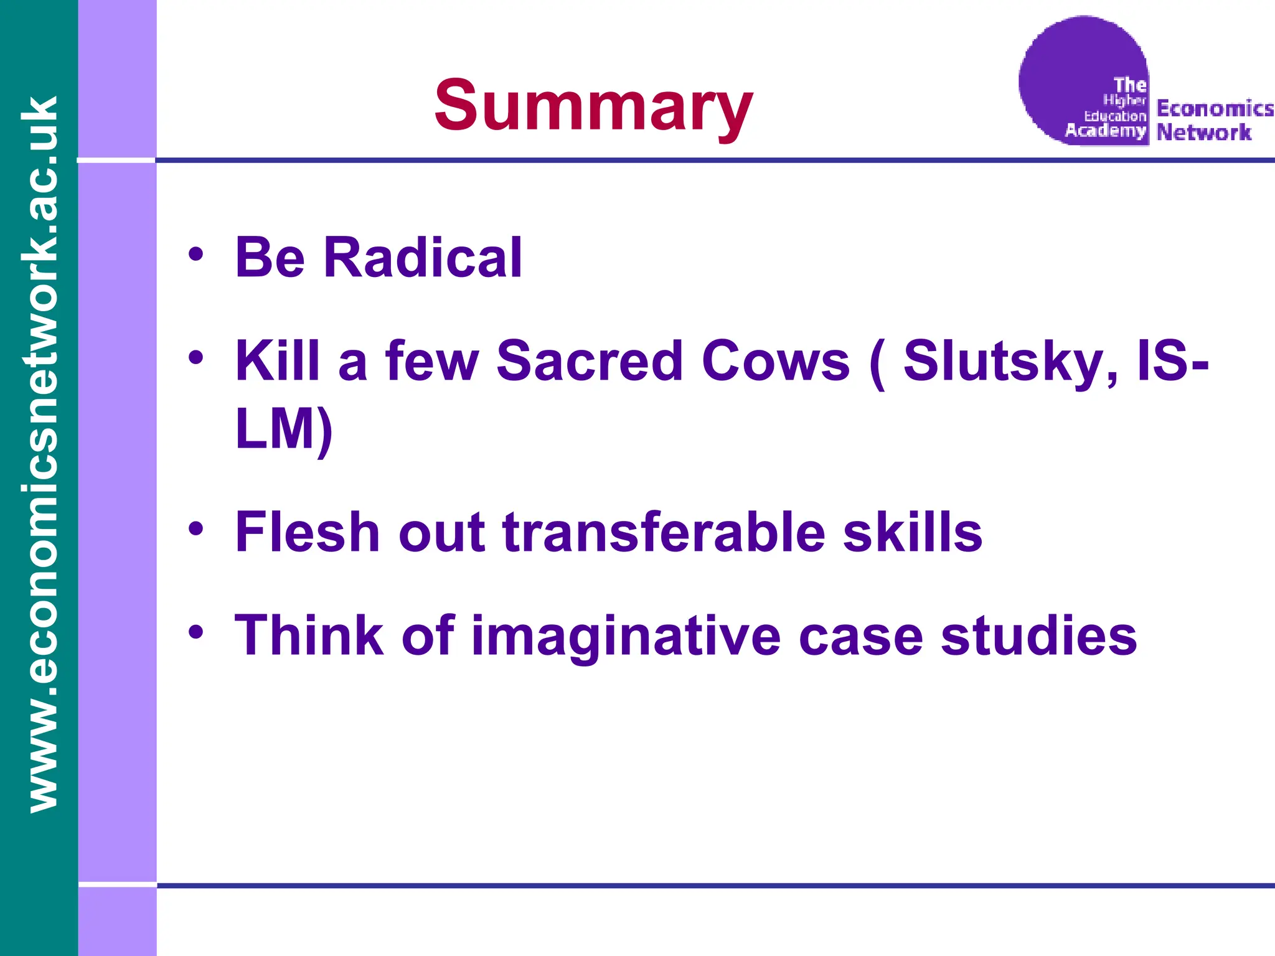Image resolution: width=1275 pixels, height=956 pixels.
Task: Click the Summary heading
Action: click(x=593, y=106)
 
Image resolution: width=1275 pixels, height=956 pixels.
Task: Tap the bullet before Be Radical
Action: click(x=196, y=255)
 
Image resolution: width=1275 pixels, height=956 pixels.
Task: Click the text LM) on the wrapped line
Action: click(x=284, y=429)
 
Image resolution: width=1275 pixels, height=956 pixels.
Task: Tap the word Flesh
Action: click(x=307, y=532)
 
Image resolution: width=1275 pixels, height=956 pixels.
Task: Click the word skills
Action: click(x=912, y=532)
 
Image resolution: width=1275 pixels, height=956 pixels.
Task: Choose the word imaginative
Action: click(x=625, y=636)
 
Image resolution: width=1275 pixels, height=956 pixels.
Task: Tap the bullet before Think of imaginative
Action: click(x=196, y=632)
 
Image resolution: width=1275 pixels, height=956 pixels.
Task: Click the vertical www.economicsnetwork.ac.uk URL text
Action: click(x=39, y=454)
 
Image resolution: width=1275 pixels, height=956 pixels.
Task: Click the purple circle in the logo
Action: click(x=1071, y=62)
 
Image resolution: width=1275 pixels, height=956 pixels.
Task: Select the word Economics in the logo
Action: click(x=1214, y=108)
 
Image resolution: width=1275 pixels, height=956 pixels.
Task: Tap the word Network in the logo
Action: click(x=1203, y=132)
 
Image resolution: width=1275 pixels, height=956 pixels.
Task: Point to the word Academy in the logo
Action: click(x=1105, y=130)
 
